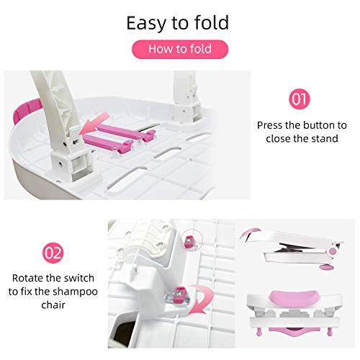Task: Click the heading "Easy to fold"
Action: click(x=177, y=22)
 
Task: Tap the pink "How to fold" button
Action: click(x=179, y=49)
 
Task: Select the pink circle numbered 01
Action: click(x=299, y=99)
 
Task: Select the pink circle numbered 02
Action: click(x=53, y=253)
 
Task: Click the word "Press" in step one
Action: click(x=272, y=125)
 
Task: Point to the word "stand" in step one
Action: click(x=325, y=138)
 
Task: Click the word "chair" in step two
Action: click(x=54, y=305)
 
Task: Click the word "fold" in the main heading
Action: click(x=211, y=22)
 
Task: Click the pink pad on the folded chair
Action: click(x=253, y=235)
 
